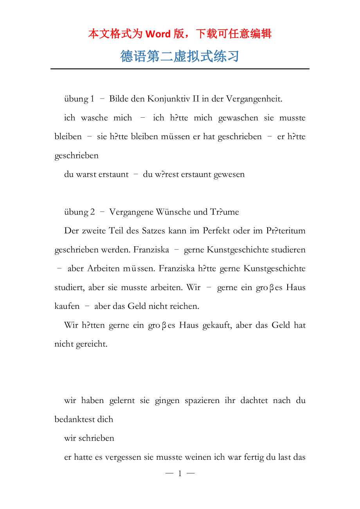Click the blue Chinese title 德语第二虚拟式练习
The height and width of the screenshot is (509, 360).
tap(180, 56)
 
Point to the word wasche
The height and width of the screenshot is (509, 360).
tap(94, 118)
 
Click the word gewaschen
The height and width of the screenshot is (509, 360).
tap(238, 118)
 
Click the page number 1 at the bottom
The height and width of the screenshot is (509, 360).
tap(180, 474)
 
